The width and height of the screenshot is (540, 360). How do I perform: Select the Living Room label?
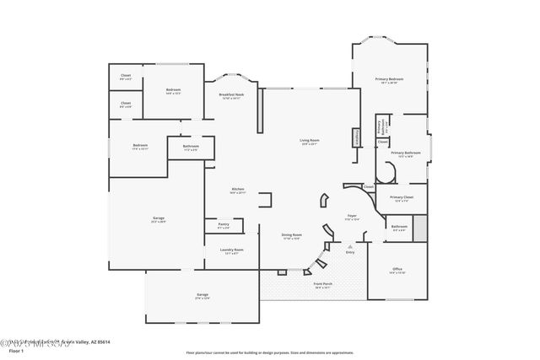(x=309, y=141)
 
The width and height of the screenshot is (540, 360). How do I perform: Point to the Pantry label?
(x=224, y=225)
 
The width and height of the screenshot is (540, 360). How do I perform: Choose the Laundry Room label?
(x=233, y=250)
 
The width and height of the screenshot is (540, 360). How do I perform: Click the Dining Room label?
(x=291, y=236)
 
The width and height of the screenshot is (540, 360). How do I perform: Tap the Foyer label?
(x=352, y=217)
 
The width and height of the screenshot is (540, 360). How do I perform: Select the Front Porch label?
(x=322, y=285)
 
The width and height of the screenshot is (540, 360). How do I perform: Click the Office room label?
(x=397, y=271)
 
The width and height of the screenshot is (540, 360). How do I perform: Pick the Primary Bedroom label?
(x=390, y=80)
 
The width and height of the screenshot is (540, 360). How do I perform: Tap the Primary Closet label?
(x=401, y=199)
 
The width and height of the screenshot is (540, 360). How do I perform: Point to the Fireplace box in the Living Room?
(x=357, y=136)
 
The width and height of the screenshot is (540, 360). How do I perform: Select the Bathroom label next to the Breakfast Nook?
(x=191, y=148)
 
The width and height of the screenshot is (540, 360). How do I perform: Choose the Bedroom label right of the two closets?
(x=173, y=91)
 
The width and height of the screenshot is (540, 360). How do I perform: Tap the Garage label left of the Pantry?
(x=158, y=219)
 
